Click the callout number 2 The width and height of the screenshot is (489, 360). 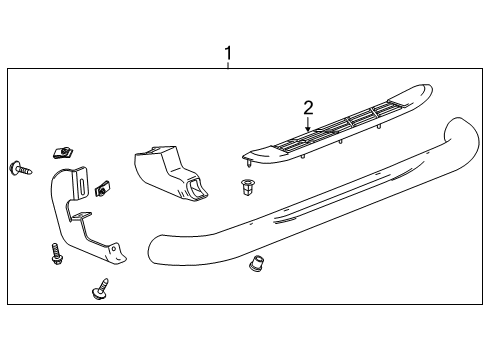pyautogui.click(x=309, y=107)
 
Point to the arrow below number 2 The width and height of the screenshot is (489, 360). pyautogui.click(x=309, y=124)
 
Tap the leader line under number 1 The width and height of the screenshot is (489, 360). pyautogui.click(x=228, y=64)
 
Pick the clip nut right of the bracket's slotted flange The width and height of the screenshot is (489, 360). pyautogui.click(x=103, y=187)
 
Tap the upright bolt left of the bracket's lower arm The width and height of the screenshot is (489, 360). pyautogui.click(x=55, y=252)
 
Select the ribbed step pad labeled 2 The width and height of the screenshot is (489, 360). pyautogui.click(x=340, y=124)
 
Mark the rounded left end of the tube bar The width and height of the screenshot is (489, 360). pyautogui.click(x=153, y=250)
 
